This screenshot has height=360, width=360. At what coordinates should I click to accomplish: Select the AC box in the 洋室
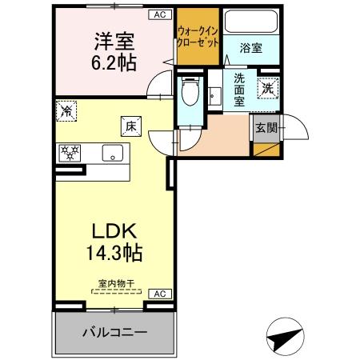pos(160,15)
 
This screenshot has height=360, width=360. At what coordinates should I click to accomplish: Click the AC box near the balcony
pos(160,294)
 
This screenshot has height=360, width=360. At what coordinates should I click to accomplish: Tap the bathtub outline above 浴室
pos(250,23)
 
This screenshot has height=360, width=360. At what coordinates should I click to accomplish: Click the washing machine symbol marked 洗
pos(268,89)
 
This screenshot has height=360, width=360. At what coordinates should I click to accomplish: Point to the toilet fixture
pos(190,94)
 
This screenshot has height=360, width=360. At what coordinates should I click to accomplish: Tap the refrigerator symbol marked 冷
pos(67,111)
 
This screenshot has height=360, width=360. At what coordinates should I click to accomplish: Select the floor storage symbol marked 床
pos(130,125)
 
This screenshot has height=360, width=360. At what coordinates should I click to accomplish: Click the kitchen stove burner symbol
pos(70,152)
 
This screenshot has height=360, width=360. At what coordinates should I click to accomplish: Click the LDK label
pos(114,232)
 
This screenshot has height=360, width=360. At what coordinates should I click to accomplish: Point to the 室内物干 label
pos(115,282)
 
